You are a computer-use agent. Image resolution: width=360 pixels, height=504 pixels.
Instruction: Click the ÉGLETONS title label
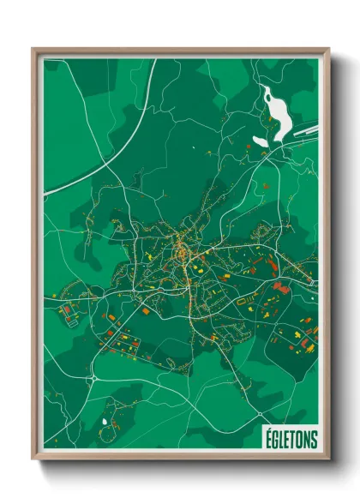pyautogui.click(x=288, y=439)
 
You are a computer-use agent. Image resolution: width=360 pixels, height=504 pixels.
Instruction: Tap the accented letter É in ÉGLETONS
pyautogui.click(x=264, y=438)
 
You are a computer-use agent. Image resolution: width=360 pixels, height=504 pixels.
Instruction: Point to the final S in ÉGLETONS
pyautogui.click(x=314, y=439)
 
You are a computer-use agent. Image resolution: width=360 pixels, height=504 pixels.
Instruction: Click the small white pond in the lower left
pyautogui.click(x=105, y=421)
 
